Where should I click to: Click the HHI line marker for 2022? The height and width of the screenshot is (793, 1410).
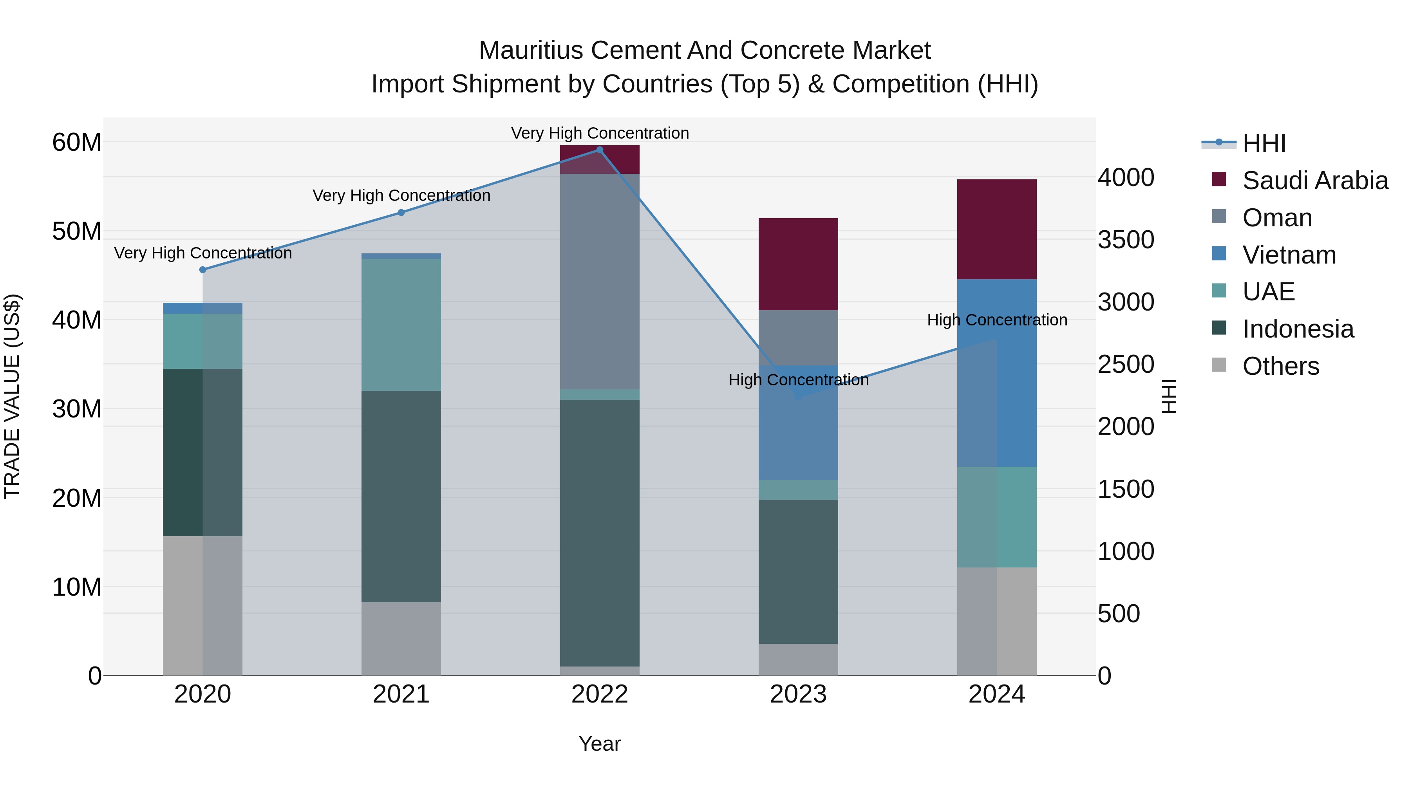(x=599, y=150)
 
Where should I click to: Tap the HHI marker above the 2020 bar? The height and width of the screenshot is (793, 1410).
(x=202, y=270)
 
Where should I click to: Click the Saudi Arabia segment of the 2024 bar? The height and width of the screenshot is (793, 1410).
(x=997, y=229)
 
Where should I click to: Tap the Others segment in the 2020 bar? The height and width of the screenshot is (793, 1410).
(x=202, y=605)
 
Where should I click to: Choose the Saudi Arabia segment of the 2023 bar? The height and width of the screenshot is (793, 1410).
(x=798, y=264)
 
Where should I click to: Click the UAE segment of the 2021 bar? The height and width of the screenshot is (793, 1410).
(x=401, y=325)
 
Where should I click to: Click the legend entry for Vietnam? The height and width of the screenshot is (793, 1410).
(x=1289, y=255)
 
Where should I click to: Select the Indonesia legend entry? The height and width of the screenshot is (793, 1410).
(x=1297, y=329)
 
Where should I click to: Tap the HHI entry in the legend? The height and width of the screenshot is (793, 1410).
(x=1263, y=143)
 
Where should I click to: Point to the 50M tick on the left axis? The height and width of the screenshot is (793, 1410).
(x=77, y=231)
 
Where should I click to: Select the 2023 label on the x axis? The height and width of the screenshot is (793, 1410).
(x=798, y=694)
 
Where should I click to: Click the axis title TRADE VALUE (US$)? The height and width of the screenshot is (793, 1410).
(x=12, y=396)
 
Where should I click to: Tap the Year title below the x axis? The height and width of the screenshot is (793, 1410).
(x=599, y=744)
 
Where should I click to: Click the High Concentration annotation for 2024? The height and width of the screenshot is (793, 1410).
(x=997, y=320)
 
